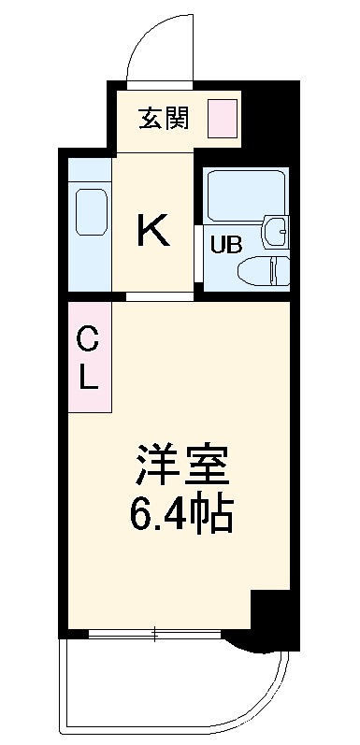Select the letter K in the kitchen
coord(153,229)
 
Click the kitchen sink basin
coord(90,214)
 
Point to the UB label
coord(224,247)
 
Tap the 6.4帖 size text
coord(181,511)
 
